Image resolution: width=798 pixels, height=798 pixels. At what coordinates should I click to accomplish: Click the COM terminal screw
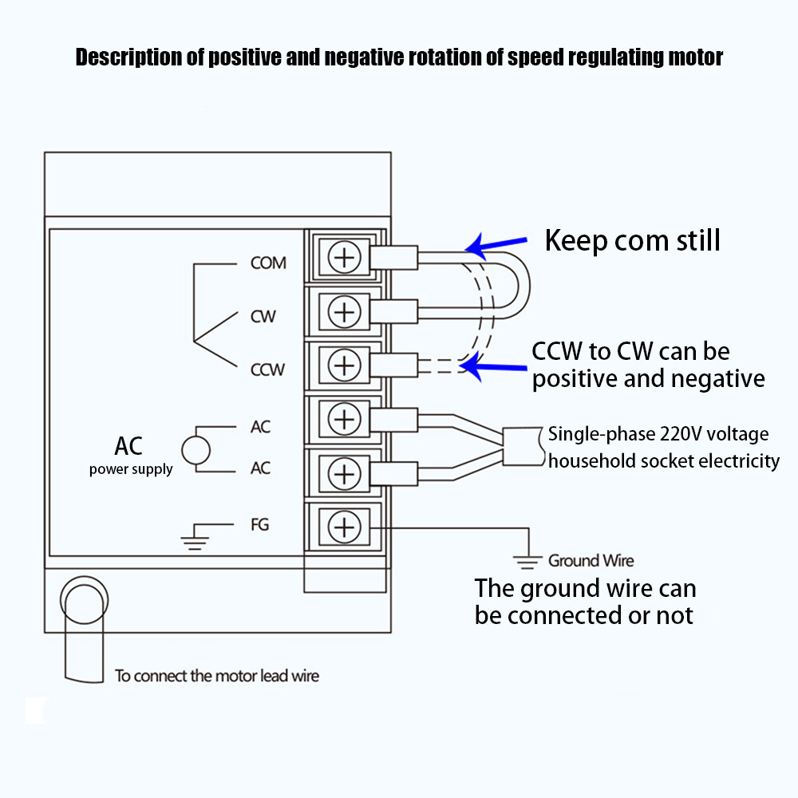point(344,258)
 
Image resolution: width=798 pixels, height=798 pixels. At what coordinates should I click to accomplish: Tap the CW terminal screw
point(344,311)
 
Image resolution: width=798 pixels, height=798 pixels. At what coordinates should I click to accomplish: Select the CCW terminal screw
point(344,365)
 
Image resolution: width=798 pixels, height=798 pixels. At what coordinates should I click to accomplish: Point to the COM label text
point(268,263)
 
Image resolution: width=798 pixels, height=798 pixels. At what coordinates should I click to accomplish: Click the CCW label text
point(268,369)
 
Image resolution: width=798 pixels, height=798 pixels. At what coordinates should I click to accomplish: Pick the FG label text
point(259,524)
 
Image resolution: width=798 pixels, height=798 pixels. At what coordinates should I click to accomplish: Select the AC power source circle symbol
point(196,450)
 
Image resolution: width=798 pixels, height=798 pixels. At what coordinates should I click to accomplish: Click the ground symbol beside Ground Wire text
point(527,562)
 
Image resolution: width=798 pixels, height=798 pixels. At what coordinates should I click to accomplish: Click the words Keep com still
point(632,239)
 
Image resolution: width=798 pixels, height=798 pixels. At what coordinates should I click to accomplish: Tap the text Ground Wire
point(591,561)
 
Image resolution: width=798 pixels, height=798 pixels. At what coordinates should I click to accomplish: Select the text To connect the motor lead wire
point(216,676)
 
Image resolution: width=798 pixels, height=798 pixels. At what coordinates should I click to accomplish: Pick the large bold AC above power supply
point(128,444)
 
